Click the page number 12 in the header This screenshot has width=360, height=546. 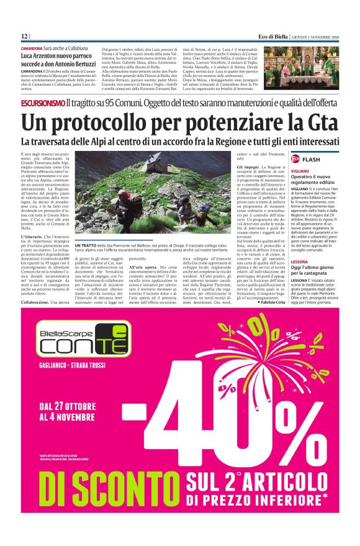coord(25,35)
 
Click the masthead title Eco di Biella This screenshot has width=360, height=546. coord(271,35)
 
